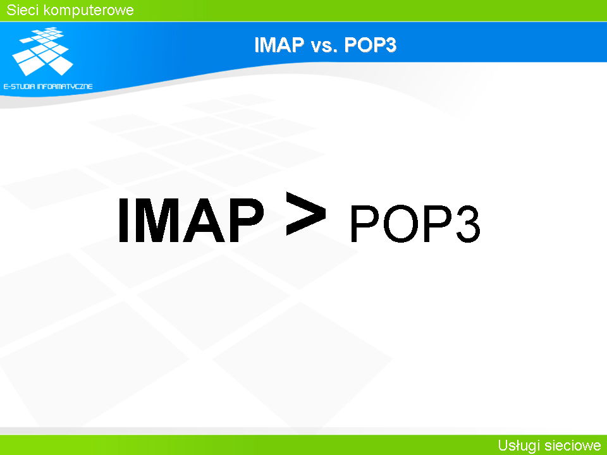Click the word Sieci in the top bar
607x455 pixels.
click(23, 9)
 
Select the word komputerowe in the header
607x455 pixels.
click(89, 11)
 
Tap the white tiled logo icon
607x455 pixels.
click(42, 51)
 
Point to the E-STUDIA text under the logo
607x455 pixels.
click(19, 87)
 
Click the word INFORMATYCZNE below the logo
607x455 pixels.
click(64, 87)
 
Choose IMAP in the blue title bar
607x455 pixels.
click(279, 44)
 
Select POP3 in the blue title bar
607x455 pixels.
click(370, 44)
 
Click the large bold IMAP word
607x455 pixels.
click(191, 220)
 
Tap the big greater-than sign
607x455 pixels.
click(306, 213)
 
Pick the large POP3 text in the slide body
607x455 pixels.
click(415, 224)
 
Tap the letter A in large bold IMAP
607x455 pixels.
click(204, 220)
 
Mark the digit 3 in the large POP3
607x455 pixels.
click(468, 224)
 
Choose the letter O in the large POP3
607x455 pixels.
click(401, 224)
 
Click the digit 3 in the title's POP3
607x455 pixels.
click(390, 44)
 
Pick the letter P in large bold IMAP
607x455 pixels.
click(247, 220)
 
